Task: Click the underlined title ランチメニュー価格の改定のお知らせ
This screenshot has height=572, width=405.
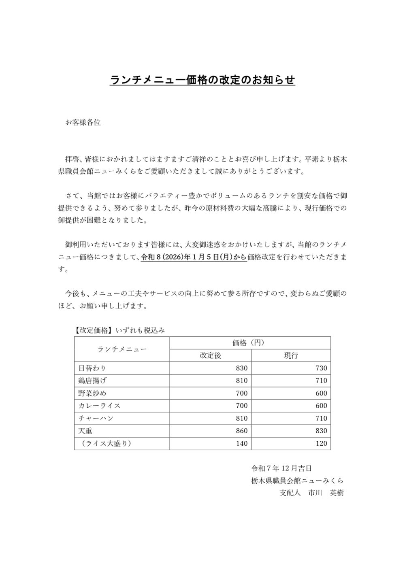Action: point(202,80)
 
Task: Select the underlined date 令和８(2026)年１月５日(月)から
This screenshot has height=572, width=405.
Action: point(194,257)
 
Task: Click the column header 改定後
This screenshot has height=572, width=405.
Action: point(210,356)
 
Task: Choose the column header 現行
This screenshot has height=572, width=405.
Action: point(291,356)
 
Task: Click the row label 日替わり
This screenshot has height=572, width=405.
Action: point(92,368)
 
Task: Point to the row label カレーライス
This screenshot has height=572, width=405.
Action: point(99,406)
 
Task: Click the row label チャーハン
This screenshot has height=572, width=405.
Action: point(96,418)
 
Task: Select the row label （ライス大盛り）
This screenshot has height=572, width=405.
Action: point(105,443)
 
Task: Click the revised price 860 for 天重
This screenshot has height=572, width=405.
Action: point(241,431)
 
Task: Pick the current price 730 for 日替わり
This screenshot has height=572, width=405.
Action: point(321,368)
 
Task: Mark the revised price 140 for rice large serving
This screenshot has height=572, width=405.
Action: point(241,443)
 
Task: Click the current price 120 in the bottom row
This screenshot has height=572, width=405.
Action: point(321,443)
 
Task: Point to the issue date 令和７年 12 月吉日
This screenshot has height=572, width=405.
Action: point(281,468)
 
